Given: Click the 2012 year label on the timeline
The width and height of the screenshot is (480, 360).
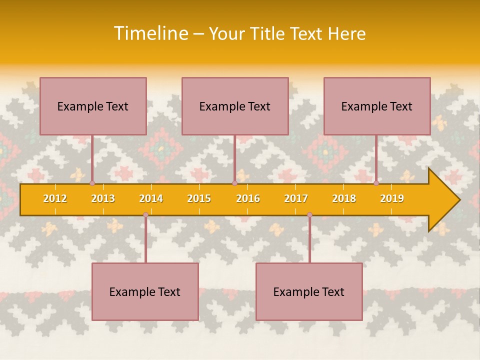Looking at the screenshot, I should coord(55,198).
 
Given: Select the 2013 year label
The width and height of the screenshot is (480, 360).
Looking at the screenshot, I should coord(103,198).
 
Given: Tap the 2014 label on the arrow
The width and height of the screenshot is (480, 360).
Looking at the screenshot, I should coord(151,198).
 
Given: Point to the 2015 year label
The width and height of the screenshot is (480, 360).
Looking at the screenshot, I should coord(199,198).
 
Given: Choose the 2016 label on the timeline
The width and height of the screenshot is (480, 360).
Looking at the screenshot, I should coord(248,198).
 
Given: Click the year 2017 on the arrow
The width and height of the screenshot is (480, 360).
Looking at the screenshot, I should coord(296,198).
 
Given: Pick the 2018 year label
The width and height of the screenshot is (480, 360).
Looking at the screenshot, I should coord(344,198).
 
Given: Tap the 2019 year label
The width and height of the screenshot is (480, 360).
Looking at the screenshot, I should coord(392,198).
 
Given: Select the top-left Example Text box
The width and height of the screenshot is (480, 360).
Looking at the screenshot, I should coord(93,106).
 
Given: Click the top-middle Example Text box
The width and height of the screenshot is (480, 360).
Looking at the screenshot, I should coord(235,106).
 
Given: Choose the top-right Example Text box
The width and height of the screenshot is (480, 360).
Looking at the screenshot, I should coord(377,106).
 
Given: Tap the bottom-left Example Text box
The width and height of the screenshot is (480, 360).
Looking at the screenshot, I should coord(145,291).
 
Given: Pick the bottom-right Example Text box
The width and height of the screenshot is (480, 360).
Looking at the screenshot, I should coord(309,291).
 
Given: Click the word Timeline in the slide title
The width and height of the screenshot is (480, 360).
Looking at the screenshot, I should coord(150,33).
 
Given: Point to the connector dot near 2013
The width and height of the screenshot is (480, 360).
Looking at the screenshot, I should coord(92,183).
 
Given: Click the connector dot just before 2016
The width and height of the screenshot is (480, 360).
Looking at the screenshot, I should coord(234,183).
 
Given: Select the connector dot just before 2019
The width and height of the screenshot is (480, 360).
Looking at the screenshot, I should coord(376,183).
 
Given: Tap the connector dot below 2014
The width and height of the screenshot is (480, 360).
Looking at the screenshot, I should coord(145,215).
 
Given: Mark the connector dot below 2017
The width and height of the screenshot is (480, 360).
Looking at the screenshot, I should coord(309,215).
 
